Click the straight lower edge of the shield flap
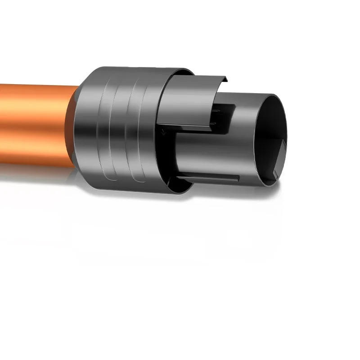184,125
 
